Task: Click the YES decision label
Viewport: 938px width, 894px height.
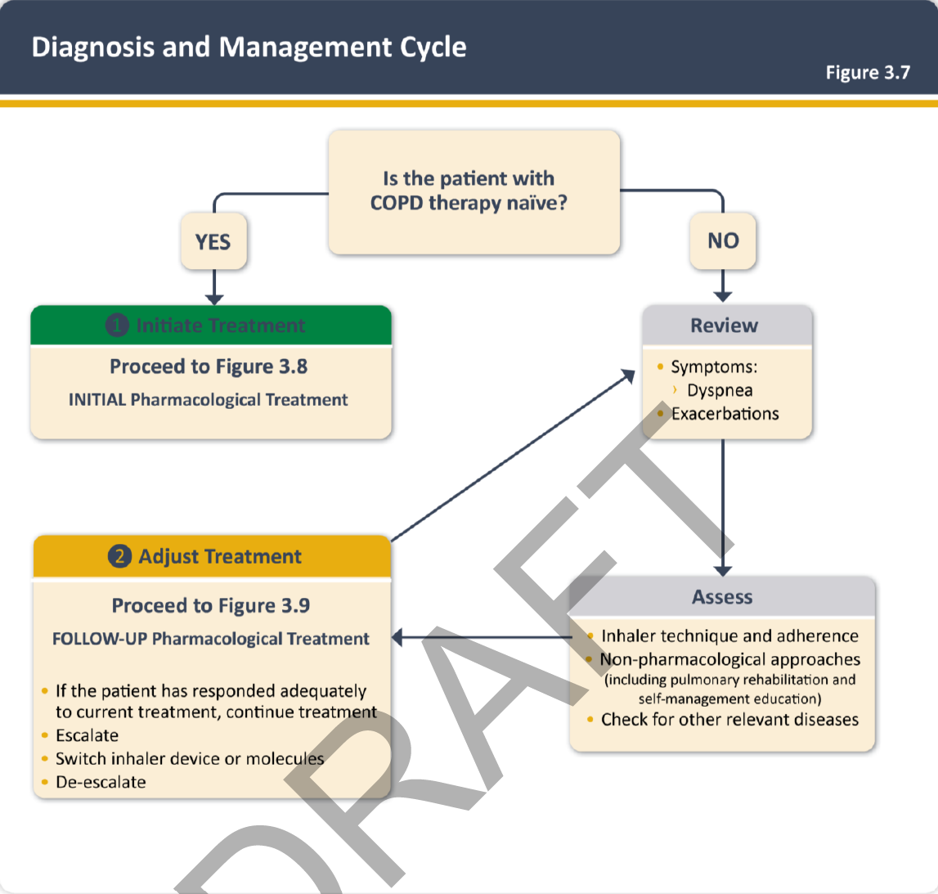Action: pos(213,242)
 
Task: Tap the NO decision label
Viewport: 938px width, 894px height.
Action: pos(723,240)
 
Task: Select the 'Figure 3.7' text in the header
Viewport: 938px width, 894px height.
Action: pos(867,73)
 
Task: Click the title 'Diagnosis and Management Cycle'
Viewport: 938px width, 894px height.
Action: pos(249,47)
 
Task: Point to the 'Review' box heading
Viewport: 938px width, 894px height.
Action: pos(725,326)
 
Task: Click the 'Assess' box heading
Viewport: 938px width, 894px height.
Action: pos(722,597)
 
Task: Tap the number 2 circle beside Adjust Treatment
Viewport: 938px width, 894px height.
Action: pos(119,557)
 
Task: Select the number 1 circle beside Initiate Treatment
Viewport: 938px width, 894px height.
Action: pos(118,326)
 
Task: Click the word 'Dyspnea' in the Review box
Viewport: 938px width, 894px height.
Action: pos(720,391)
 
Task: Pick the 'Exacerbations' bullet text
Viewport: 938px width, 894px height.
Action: pos(725,414)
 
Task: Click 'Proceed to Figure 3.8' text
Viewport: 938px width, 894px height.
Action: pos(209,366)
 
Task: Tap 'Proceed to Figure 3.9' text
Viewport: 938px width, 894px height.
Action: pos(211,605)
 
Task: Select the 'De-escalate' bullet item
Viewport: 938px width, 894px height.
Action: pos(101,782)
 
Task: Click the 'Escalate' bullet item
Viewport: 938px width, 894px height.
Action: pos(87,735)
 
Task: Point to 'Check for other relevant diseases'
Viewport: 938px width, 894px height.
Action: pos(729,720)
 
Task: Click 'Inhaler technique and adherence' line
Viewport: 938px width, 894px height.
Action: pos(729,636)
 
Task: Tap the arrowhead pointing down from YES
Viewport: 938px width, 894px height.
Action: pos(214,299)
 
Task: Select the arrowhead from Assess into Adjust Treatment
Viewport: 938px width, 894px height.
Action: pos(397,638)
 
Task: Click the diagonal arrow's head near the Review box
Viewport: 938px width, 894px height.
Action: pos(628,374)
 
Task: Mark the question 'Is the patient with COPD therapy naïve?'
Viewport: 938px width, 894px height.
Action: pos(469,191)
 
